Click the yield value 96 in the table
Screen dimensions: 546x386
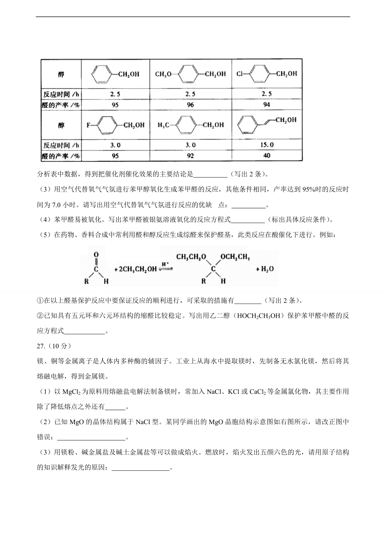190,105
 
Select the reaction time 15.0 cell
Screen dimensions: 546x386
267,145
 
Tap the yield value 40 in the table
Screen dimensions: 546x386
267,156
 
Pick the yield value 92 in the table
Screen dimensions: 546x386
190,156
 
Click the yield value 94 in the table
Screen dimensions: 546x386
267,105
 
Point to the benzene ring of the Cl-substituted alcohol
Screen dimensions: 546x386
258,74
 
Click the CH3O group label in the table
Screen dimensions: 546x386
163,74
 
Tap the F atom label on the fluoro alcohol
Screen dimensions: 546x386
88,125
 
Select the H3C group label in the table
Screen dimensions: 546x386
163,125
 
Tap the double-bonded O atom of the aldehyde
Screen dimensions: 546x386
96,255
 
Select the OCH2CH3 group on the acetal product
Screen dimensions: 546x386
235,257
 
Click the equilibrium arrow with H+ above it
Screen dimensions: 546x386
166,268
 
